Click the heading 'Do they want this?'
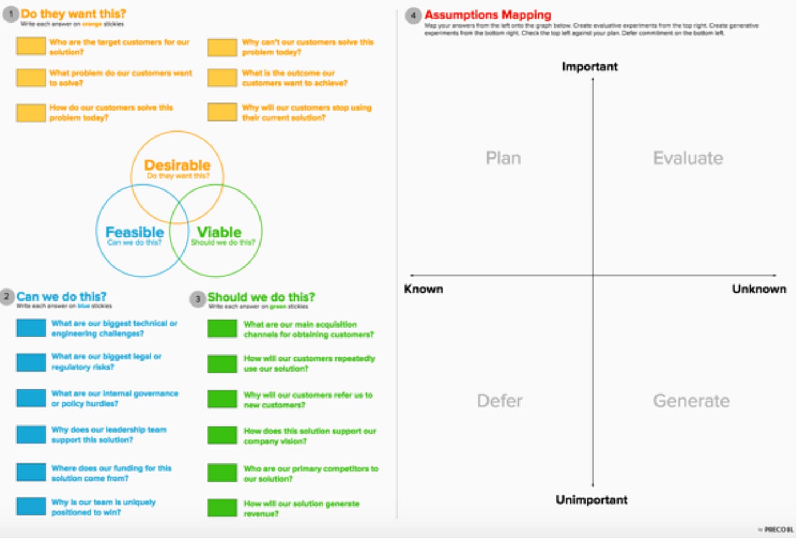(73, 14)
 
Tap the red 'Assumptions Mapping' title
(487, 15)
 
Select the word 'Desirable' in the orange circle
(177, 165)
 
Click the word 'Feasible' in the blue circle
(134, 232)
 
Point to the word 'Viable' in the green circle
(219, 232)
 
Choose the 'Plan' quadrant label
(503, 159)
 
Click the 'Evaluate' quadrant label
(688, 159)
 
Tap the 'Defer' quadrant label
(499, 401)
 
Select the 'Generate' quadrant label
(691, 401)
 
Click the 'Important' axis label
(590, 67)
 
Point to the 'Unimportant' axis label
(592, 500)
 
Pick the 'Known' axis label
(424, 289)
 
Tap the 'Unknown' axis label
(758, 289)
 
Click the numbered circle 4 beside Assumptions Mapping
(413, 15)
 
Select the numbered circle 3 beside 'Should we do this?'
(198, 299)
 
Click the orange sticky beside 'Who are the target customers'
(31, 46)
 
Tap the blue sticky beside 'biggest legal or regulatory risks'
(31, 362)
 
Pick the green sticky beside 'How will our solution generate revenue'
(222, 508)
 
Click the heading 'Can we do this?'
(61, 297)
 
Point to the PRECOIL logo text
(778, 530)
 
